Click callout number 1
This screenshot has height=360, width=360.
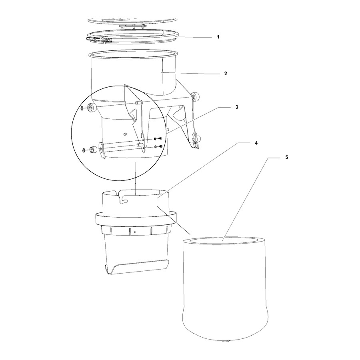click(x=218, y=37)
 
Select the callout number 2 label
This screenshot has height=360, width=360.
click(x=226, y=74)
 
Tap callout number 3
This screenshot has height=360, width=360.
click(x=237, y=107)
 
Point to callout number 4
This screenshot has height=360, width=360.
click(x=256, y=143)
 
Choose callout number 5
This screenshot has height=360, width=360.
click(x=286, y=157)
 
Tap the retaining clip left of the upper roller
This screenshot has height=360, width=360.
click(x=82, y=108)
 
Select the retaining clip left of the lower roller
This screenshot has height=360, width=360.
click(x=84, y=150)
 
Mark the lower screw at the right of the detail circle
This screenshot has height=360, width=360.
click(x=161, y=146)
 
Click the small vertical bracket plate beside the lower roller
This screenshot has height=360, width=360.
click(x=102, y=150)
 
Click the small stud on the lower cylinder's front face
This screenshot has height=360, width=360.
click(x=125, y=134)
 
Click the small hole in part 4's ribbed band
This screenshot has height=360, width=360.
click(x=135, y=232)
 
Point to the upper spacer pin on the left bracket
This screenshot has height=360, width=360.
click(x=138, y=103)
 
